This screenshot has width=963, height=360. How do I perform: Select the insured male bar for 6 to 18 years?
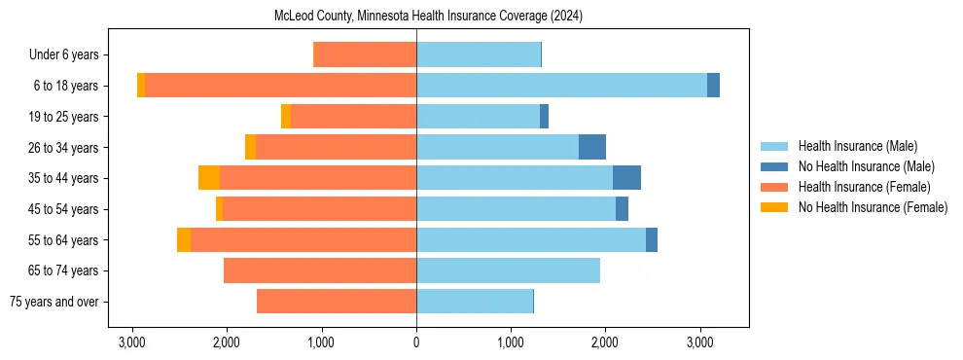[x=561, y=86]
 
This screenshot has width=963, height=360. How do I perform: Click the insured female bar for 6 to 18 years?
[x=280, y=86]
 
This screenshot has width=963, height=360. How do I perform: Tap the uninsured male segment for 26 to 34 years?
[x=592, y=147]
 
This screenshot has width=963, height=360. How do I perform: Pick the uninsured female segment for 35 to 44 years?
[x=209, y=178]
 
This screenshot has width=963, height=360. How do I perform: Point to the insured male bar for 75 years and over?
[x=475, y=302]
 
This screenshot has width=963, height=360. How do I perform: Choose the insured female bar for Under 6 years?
[x=365, y=54]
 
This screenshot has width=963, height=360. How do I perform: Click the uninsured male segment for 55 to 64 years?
[x=652, y=239]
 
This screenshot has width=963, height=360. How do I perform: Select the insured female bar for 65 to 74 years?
[x=320, y=270]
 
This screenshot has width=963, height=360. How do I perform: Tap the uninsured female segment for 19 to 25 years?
[x=286, y=117]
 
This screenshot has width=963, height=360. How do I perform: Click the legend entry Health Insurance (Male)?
[x=857, y=146]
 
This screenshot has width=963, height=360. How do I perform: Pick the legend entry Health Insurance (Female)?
[x=864, y=187]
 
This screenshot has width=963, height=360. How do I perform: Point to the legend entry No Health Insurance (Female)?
[x=873, y=207]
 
